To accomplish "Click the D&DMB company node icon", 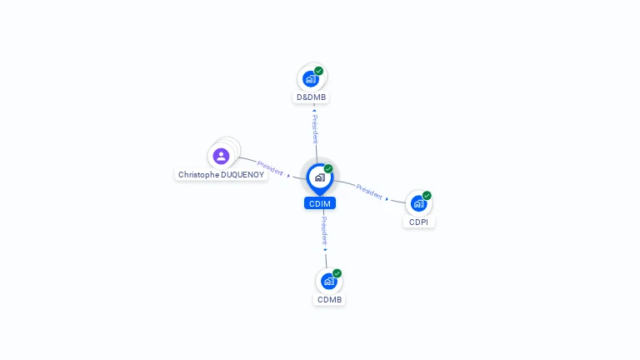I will (311, 79).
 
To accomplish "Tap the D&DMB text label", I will (312, 97).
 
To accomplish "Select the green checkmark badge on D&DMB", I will (318, 71).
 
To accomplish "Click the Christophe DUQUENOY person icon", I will (221, 156).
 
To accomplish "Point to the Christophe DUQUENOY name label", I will (221, 175).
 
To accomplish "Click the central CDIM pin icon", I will (319, 177).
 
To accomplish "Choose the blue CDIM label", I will (320, 203).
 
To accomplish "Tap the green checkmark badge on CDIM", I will (328, 169).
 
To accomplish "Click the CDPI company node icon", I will (418, 203).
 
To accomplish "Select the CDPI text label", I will (419, 222).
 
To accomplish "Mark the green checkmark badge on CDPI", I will (427, 196).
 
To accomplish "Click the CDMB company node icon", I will (328, 282).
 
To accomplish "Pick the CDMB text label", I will (329, 300).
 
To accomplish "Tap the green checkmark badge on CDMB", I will (337, 273).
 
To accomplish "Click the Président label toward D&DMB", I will (315, 128).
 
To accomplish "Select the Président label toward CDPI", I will (369, 191).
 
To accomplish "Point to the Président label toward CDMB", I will (324, 231).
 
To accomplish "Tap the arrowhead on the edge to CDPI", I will (387, 198).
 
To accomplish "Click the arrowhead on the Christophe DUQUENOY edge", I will (288, 175).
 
